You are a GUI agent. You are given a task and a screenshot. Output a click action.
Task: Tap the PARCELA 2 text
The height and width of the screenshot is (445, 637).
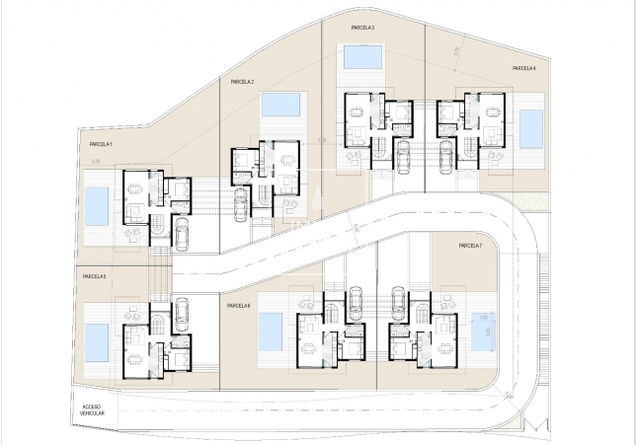pyautogui.click(x=242, y=82)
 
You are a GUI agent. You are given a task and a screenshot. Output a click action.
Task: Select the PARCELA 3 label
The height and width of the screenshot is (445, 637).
pyautogui.click(x=360, y=28)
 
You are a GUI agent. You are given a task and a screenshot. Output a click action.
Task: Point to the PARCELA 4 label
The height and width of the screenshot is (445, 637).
pyautogui.click(x=523, y=68)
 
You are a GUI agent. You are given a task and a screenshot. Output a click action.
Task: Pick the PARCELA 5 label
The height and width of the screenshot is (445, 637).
pyautogui.click(x=95, y=277)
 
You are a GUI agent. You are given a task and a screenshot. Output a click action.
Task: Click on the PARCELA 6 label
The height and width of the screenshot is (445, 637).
pyautogui.click(x=238, y=306)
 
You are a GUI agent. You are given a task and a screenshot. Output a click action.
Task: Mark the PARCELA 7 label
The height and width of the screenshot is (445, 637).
pyautogui.click(x=468, y=246)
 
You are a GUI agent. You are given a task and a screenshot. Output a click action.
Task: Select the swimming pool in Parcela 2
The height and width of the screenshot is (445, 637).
pyautogui.click(x=281, y=104)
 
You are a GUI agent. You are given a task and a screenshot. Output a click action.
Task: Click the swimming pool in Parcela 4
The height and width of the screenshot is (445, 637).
pyautogui.click(x=531, y=126)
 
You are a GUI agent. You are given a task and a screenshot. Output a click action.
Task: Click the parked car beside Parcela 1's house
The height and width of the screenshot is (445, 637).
pyautogui.click(x=181, y=232)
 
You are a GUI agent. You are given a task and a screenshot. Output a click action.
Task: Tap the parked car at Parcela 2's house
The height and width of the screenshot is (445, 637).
pyautogui.click(x=239, y=205)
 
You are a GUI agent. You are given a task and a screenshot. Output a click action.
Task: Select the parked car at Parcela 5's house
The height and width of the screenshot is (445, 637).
pyautogui.click(x=181, y=312)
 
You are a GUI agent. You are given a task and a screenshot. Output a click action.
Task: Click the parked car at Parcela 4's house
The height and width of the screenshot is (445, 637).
pyautogui.click(x=446, y=155)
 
